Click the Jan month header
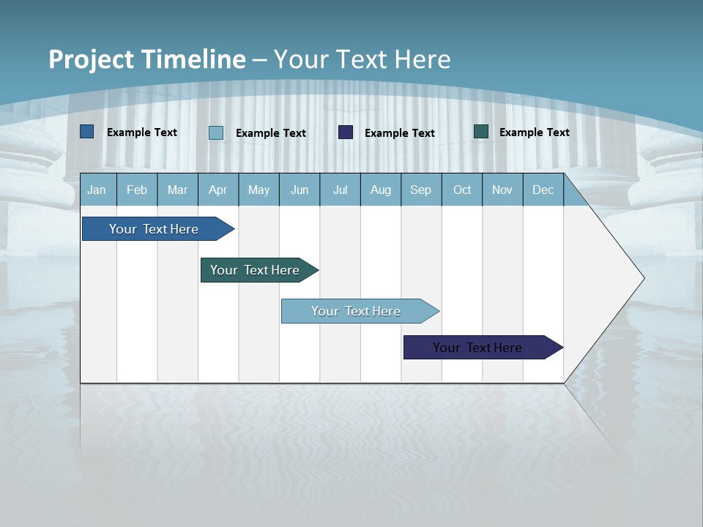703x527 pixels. (x=97, y=190)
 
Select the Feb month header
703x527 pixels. (x=137, y=190)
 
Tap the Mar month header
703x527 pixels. (x=177, y=190)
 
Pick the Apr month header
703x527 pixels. (x=217, y=190)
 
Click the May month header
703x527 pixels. (x=258, y=190)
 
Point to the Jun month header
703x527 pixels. (x=300, y=190)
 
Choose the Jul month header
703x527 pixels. (x=340, y=190)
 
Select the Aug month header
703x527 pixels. (x=381, y=190)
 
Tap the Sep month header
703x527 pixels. (x=421, y=190)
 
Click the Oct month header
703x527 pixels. (x=462, y=190)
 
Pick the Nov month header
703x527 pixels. (x=502, y=190)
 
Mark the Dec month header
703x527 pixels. (x=543, y=190)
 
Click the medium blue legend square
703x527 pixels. (x=87, y=132)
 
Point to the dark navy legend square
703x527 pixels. (x=346, y=132)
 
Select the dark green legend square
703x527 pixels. (x=481, y=132)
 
